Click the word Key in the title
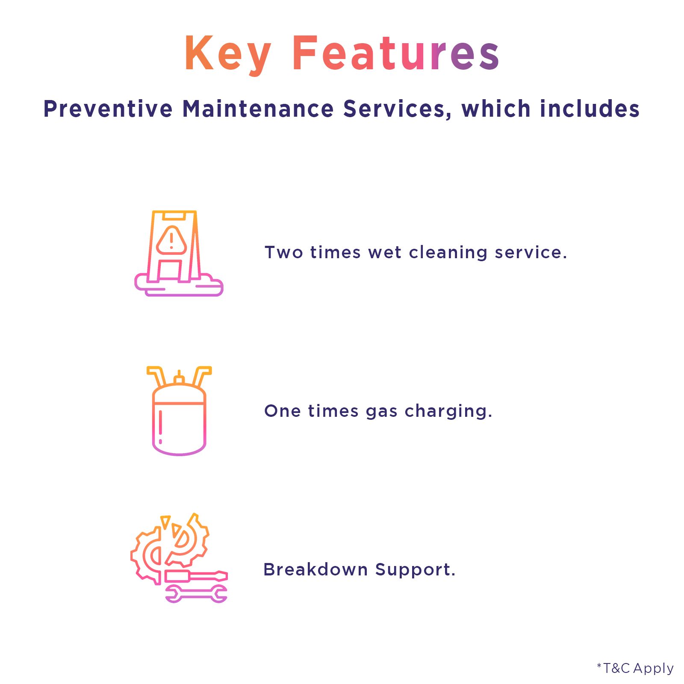[227, 53]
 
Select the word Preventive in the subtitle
[108, 109]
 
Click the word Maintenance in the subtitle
[258, 109]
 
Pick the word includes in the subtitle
[590, 109]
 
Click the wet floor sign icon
[179, 253]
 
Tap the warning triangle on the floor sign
[171, 240]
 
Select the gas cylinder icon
[179, 411]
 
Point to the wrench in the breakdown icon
[196, 594]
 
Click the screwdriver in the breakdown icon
[196, 576]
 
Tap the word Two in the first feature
[284, 252]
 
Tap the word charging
[446, 412]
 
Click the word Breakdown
[315, 569]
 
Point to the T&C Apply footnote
[635, 668]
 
